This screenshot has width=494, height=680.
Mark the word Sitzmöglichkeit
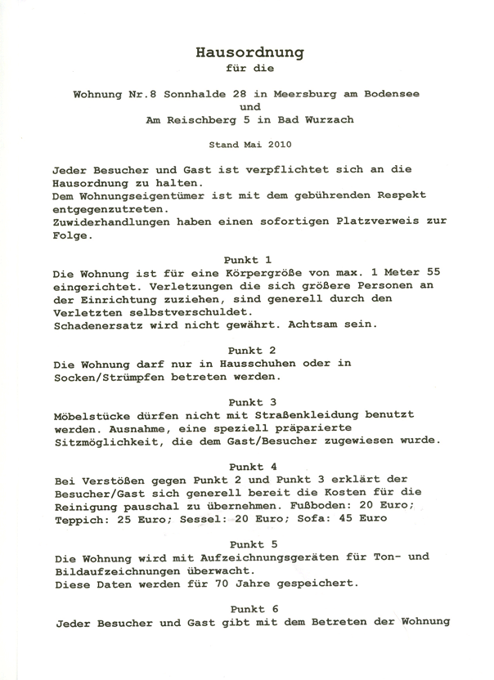click(106, 441)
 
